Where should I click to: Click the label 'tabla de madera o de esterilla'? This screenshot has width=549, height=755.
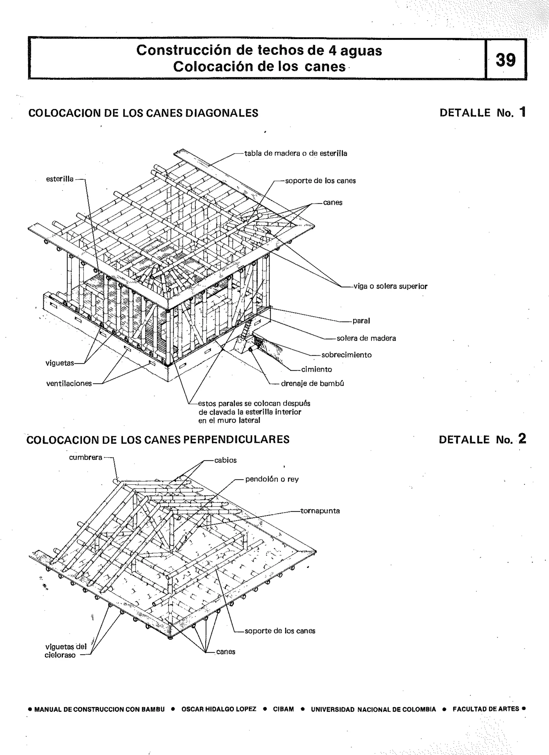pyautogui.click(x=295, y=153)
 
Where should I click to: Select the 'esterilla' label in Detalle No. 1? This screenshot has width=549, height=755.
pyautogui.click(x=60, y=179)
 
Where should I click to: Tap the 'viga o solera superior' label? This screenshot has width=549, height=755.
pyautogui.click(x=390, y=286)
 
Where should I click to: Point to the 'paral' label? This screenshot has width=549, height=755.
pyautogui.click(x=361, y=321)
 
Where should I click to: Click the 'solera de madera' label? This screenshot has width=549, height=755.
pyautogui.click(x=366, y=338)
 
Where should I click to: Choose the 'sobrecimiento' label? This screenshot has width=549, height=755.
pyautogui.click(x=346, y=355)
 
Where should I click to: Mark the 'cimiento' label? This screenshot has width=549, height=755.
pyautogui.click(x=316, y=369)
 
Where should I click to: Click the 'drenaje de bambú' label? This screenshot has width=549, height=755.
pyautogui.click(x=312, y=383)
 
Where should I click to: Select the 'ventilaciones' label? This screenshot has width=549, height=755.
pyautogui.click(x=69, y=384)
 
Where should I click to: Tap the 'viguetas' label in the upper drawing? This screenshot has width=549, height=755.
pyautogui.click(x=60, y=363)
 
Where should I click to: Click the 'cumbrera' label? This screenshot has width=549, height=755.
pyautogui.click(x=86, y=457)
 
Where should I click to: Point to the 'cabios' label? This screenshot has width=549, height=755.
pyautogui.click(x=225, y=461)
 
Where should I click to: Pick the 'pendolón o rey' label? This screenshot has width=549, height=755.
pyautogui.click(x=272, y=479)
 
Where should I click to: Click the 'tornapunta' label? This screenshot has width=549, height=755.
pyautogui.click(x=320, y=511)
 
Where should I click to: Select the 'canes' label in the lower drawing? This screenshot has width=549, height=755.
pyautogui.click(x=226, y=652)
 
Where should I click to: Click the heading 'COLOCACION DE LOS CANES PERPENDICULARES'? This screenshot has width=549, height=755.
pyautogui.click(x=158, y=440)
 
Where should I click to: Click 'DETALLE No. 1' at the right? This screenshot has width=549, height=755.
pyautogui.click(x=482, y=113)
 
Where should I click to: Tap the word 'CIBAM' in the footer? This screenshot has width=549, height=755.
pyautogui.click(x=283, y=709)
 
